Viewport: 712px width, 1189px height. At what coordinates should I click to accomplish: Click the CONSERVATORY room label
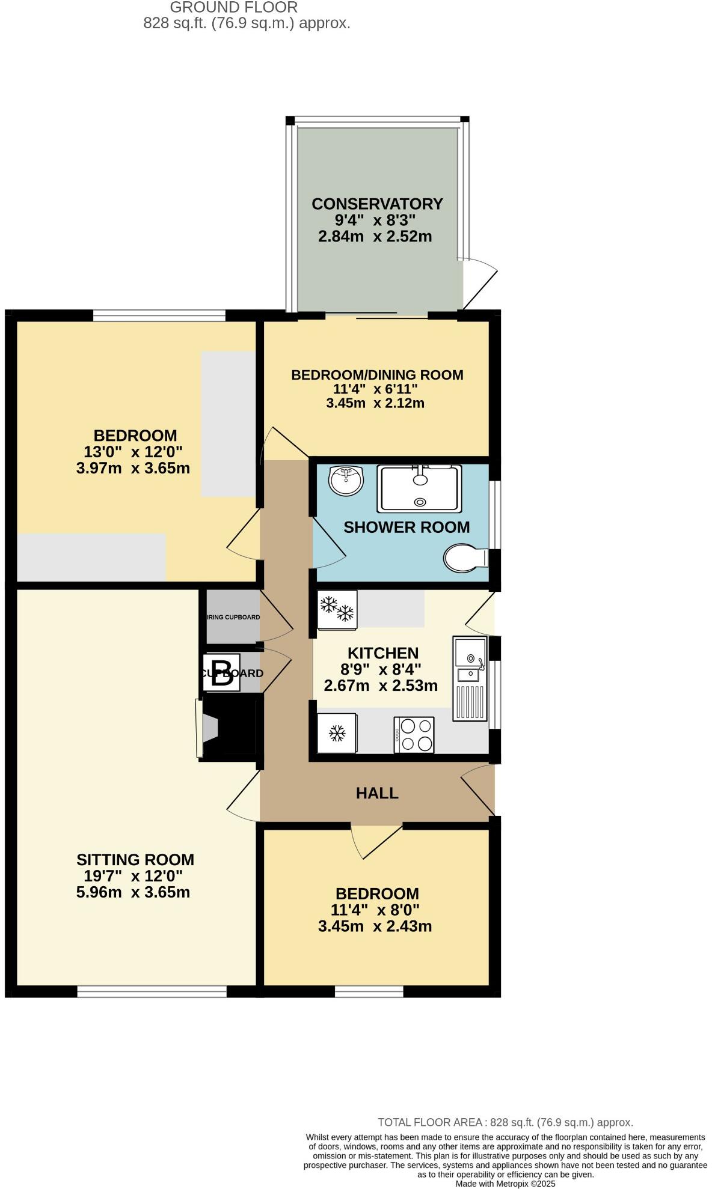click(377, 204)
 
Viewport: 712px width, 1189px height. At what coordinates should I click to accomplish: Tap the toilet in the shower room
click(465, 558)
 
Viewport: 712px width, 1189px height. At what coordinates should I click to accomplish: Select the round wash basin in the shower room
click(346, 481)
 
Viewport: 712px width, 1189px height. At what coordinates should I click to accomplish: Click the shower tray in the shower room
click(419, 488)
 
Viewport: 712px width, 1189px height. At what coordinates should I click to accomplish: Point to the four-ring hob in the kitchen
click(414, 734)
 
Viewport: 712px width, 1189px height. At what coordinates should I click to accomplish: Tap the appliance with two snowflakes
click(337, 609)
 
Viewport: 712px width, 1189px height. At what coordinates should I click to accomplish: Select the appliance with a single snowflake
click(337, 733)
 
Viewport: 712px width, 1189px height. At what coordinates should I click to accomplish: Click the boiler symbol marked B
click(222, 674)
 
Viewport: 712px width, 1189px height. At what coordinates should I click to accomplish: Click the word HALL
click(377, 793)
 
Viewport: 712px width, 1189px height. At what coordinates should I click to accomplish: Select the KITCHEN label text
click(383, 653)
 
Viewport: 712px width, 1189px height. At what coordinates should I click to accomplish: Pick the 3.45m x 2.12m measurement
click(375, 403)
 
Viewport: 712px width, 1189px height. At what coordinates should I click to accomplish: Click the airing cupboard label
click(233, 617)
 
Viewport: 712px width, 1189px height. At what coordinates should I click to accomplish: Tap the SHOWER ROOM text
click(407, 527)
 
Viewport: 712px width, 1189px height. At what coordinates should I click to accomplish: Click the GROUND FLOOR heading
click(233, 8)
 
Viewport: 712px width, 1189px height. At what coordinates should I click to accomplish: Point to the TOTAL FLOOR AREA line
click(505, 1122)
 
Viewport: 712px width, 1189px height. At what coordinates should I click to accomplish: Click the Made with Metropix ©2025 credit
click(505, 1184)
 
